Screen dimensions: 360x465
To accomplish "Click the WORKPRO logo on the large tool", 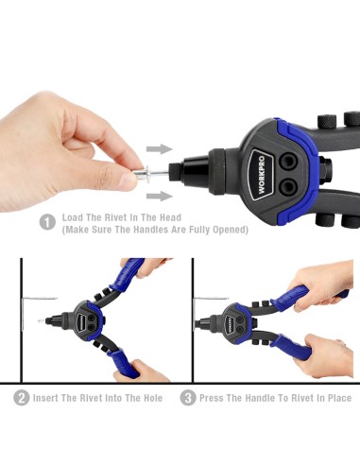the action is pos(261,175).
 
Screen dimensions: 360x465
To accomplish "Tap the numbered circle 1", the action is pos(47,222).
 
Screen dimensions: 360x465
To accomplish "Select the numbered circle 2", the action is pos(22,398).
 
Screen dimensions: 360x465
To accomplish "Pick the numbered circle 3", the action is pos(188,398).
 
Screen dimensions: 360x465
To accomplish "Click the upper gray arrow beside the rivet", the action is pos(160,149).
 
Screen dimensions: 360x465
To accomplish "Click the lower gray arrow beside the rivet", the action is pos(160,196).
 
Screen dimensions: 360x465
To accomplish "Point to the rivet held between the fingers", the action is pos(151,173).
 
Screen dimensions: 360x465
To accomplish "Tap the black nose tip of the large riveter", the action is pos(175,172).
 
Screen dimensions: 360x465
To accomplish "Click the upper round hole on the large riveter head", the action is pos(288,162).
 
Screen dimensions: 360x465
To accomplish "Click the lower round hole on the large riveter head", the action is pos(288,187).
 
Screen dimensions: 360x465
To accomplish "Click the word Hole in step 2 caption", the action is pos(153,398).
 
